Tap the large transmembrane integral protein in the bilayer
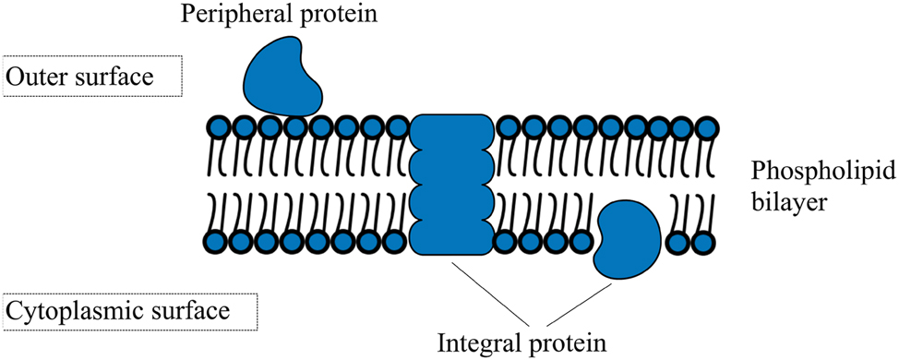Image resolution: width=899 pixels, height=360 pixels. pos(452,185)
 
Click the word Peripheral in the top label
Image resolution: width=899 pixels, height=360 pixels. pos(223,15)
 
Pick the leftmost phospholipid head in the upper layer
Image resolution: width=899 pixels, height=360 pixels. pos(219,127)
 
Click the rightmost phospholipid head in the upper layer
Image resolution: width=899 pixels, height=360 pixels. pos(708,127)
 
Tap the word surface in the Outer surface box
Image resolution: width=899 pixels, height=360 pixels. pos(117,78)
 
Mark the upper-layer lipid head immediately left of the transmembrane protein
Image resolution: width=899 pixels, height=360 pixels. pos(398,127)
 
